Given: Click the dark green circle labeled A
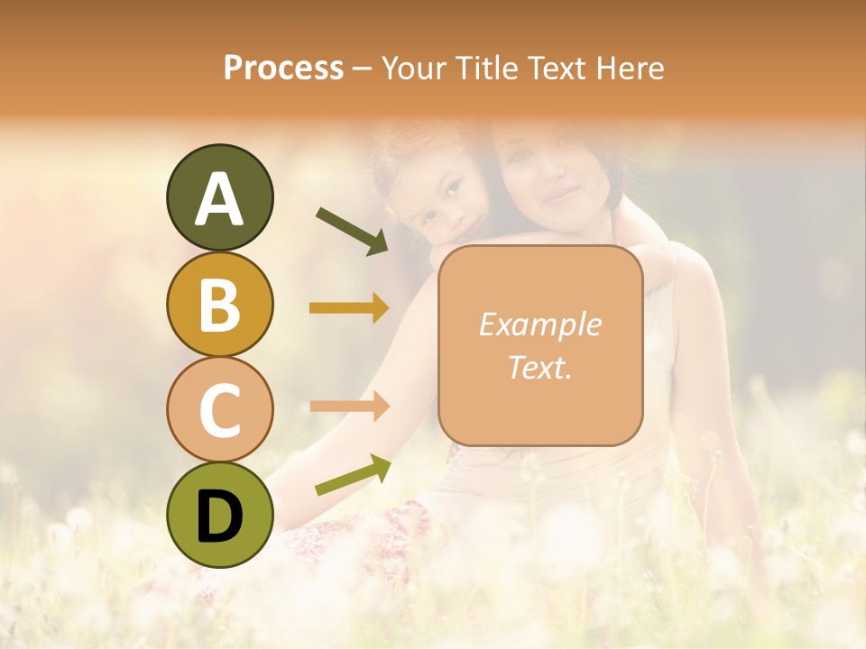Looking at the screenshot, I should pos(219,197).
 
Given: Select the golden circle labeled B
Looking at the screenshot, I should pos(219,304).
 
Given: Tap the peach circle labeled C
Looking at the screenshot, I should pos(219,409).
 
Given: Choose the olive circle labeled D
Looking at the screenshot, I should pos(219,515).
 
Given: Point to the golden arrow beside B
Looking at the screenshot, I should pos(350,308).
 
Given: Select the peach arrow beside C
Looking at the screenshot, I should pos(350,405).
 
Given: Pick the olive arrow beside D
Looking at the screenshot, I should pos(353,475).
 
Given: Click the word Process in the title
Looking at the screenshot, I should pos(283,69).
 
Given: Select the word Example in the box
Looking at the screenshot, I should pos(539,324).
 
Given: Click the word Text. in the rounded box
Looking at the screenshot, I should pos(539,367).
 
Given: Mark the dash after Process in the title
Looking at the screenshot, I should pos(362,69).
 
